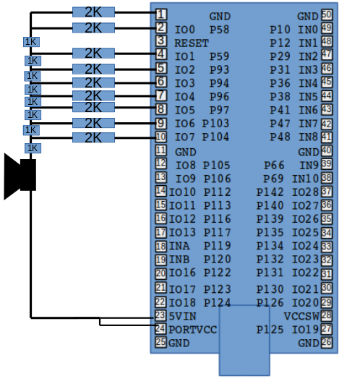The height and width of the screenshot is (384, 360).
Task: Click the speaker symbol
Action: [20, 175]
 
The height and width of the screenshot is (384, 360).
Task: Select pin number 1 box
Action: [160, 14]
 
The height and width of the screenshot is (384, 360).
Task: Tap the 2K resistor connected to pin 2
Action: [93, 27]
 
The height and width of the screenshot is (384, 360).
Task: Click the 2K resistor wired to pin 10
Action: [93, 137]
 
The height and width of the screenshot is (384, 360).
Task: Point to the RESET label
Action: [192, 43]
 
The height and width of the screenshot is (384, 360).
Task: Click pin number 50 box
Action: [327, 15]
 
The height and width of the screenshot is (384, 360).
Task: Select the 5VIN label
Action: [183, 317]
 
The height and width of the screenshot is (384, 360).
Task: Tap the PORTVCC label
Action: [192, 330]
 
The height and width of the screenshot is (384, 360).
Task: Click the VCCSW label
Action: [302, 317]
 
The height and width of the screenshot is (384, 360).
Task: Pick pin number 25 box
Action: [160, 342]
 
